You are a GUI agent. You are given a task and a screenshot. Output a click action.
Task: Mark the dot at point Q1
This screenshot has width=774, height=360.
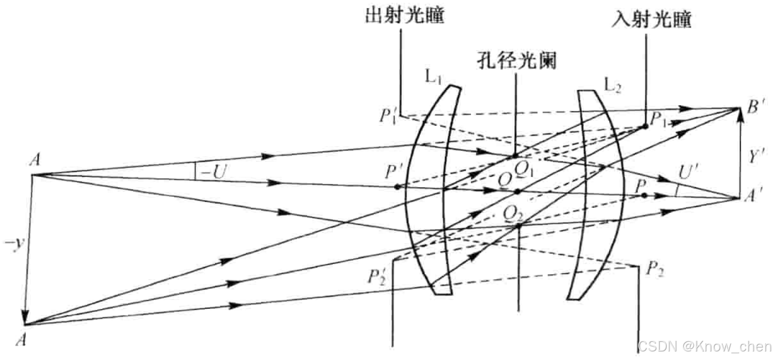point(515,156)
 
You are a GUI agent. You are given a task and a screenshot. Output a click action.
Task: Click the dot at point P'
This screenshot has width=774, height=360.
point(397,187)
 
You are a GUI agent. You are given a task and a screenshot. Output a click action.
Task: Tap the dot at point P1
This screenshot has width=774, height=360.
point(645,126)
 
